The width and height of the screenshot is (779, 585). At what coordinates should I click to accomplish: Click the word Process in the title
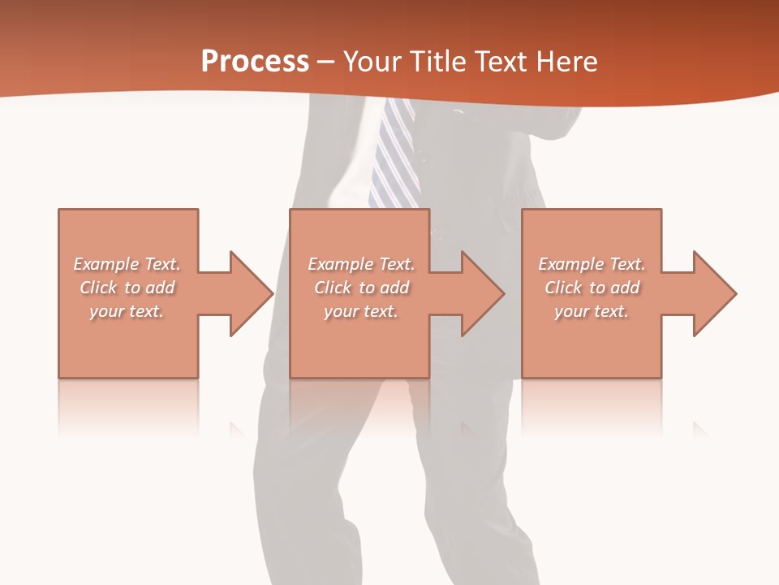pyautogui.click(x=255, y=62)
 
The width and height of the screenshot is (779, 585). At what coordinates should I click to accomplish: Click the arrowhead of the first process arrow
pyautogui.click(x=252, y=293)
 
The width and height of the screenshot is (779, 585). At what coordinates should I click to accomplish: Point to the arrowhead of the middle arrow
pyautogui.click(x=484, y=293)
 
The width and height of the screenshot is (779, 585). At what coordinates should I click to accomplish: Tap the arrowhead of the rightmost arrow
pyautogui.click(x=715, y=293)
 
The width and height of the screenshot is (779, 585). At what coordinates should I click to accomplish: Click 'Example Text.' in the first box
pyautogui.click(x=127, y=264)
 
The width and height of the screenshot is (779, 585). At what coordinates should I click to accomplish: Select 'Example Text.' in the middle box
pyautogui.click(x=361, y=264)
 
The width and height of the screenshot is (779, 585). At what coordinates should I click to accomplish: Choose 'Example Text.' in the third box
pyautogui.click(x=592, y=264)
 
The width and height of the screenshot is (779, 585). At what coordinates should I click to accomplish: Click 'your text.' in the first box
pyautogui.click(x=127, y=311)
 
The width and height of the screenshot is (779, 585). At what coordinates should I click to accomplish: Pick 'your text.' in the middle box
pyautogui.click(x=360, y=311)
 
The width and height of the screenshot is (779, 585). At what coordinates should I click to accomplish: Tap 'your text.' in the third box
pyautogui.click(x=591, y=311)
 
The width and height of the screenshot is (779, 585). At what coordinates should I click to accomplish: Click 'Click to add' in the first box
pyautogui.click(x=127, y=288)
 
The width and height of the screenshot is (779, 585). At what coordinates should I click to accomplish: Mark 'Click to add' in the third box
pyautogui.click(x=592, y=288)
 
